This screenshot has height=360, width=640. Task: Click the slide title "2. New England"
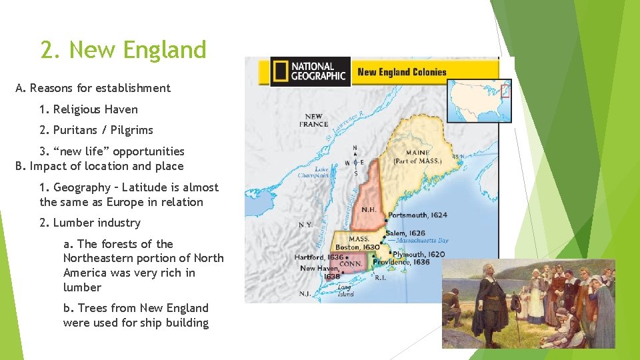click(x=123, y=50)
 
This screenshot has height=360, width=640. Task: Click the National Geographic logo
click(x=310, y=71)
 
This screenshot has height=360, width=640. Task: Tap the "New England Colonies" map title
click(x=402, y=72)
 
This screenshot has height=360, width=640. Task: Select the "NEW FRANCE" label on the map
click(x=313, y=120)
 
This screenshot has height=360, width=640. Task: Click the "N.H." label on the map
click(x=368, y=209)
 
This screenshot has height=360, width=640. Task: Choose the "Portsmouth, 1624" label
click(x=417, y=215)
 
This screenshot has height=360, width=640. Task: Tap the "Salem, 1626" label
click(x=405, y=233)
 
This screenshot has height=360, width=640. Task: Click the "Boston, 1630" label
click(x=357, y=247)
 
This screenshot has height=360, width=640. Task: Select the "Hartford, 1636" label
click(x=319, y=257)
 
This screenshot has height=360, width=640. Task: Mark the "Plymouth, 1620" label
click(x=419, y=254)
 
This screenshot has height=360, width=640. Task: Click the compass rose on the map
click(x=355, y=161)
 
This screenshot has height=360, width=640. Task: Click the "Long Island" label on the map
click(x=345, y=291)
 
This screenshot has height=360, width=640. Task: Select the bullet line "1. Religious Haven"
click(x=89, y=109)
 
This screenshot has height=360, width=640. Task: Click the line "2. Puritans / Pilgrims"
click(x=96, y=130)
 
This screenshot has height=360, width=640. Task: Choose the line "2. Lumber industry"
click(x=90, y=223)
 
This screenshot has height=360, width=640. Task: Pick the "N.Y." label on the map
click(x=305, y=225)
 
